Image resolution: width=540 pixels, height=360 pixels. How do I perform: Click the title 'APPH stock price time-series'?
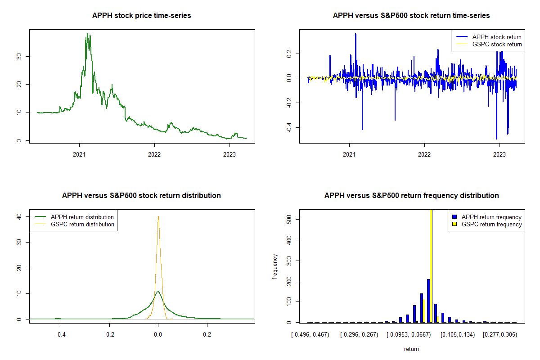(x=141, y=16)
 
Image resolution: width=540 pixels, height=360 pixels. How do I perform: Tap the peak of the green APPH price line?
(x=87, y=34)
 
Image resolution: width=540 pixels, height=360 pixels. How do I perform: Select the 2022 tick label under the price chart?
(x=154, y=152)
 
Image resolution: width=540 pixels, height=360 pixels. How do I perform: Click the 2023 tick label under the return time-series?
(x=499, y=152)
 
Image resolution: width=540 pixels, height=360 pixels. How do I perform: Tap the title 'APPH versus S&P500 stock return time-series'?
(x=411, y=16)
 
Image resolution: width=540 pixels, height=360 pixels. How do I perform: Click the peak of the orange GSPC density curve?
(x=158, y=216)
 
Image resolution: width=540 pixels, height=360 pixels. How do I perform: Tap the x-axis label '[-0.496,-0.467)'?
(x=310, y=335)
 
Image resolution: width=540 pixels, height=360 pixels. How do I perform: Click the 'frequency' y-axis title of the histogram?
(x=275, y=267)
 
